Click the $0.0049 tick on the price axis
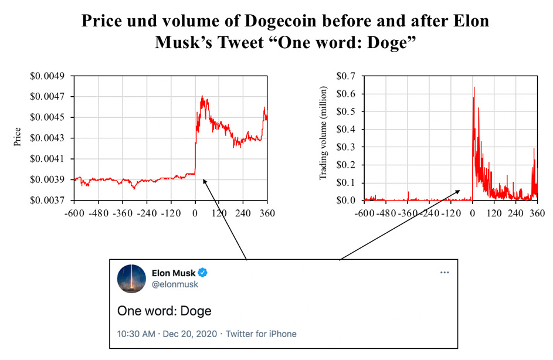(x=50, y=76)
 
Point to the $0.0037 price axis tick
(x=50, y=201)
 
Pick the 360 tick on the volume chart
(x=537, y=213)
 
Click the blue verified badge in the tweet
(x=203, y=273)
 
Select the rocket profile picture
(x=132, y=279)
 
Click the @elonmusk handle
(x=175, y=284)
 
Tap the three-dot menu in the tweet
(x=445, y=273)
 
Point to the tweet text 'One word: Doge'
(x=164, y=310)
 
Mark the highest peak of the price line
(x=202, y=97)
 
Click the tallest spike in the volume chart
(x=474, y=88)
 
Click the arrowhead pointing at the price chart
(x=203, y=181)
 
